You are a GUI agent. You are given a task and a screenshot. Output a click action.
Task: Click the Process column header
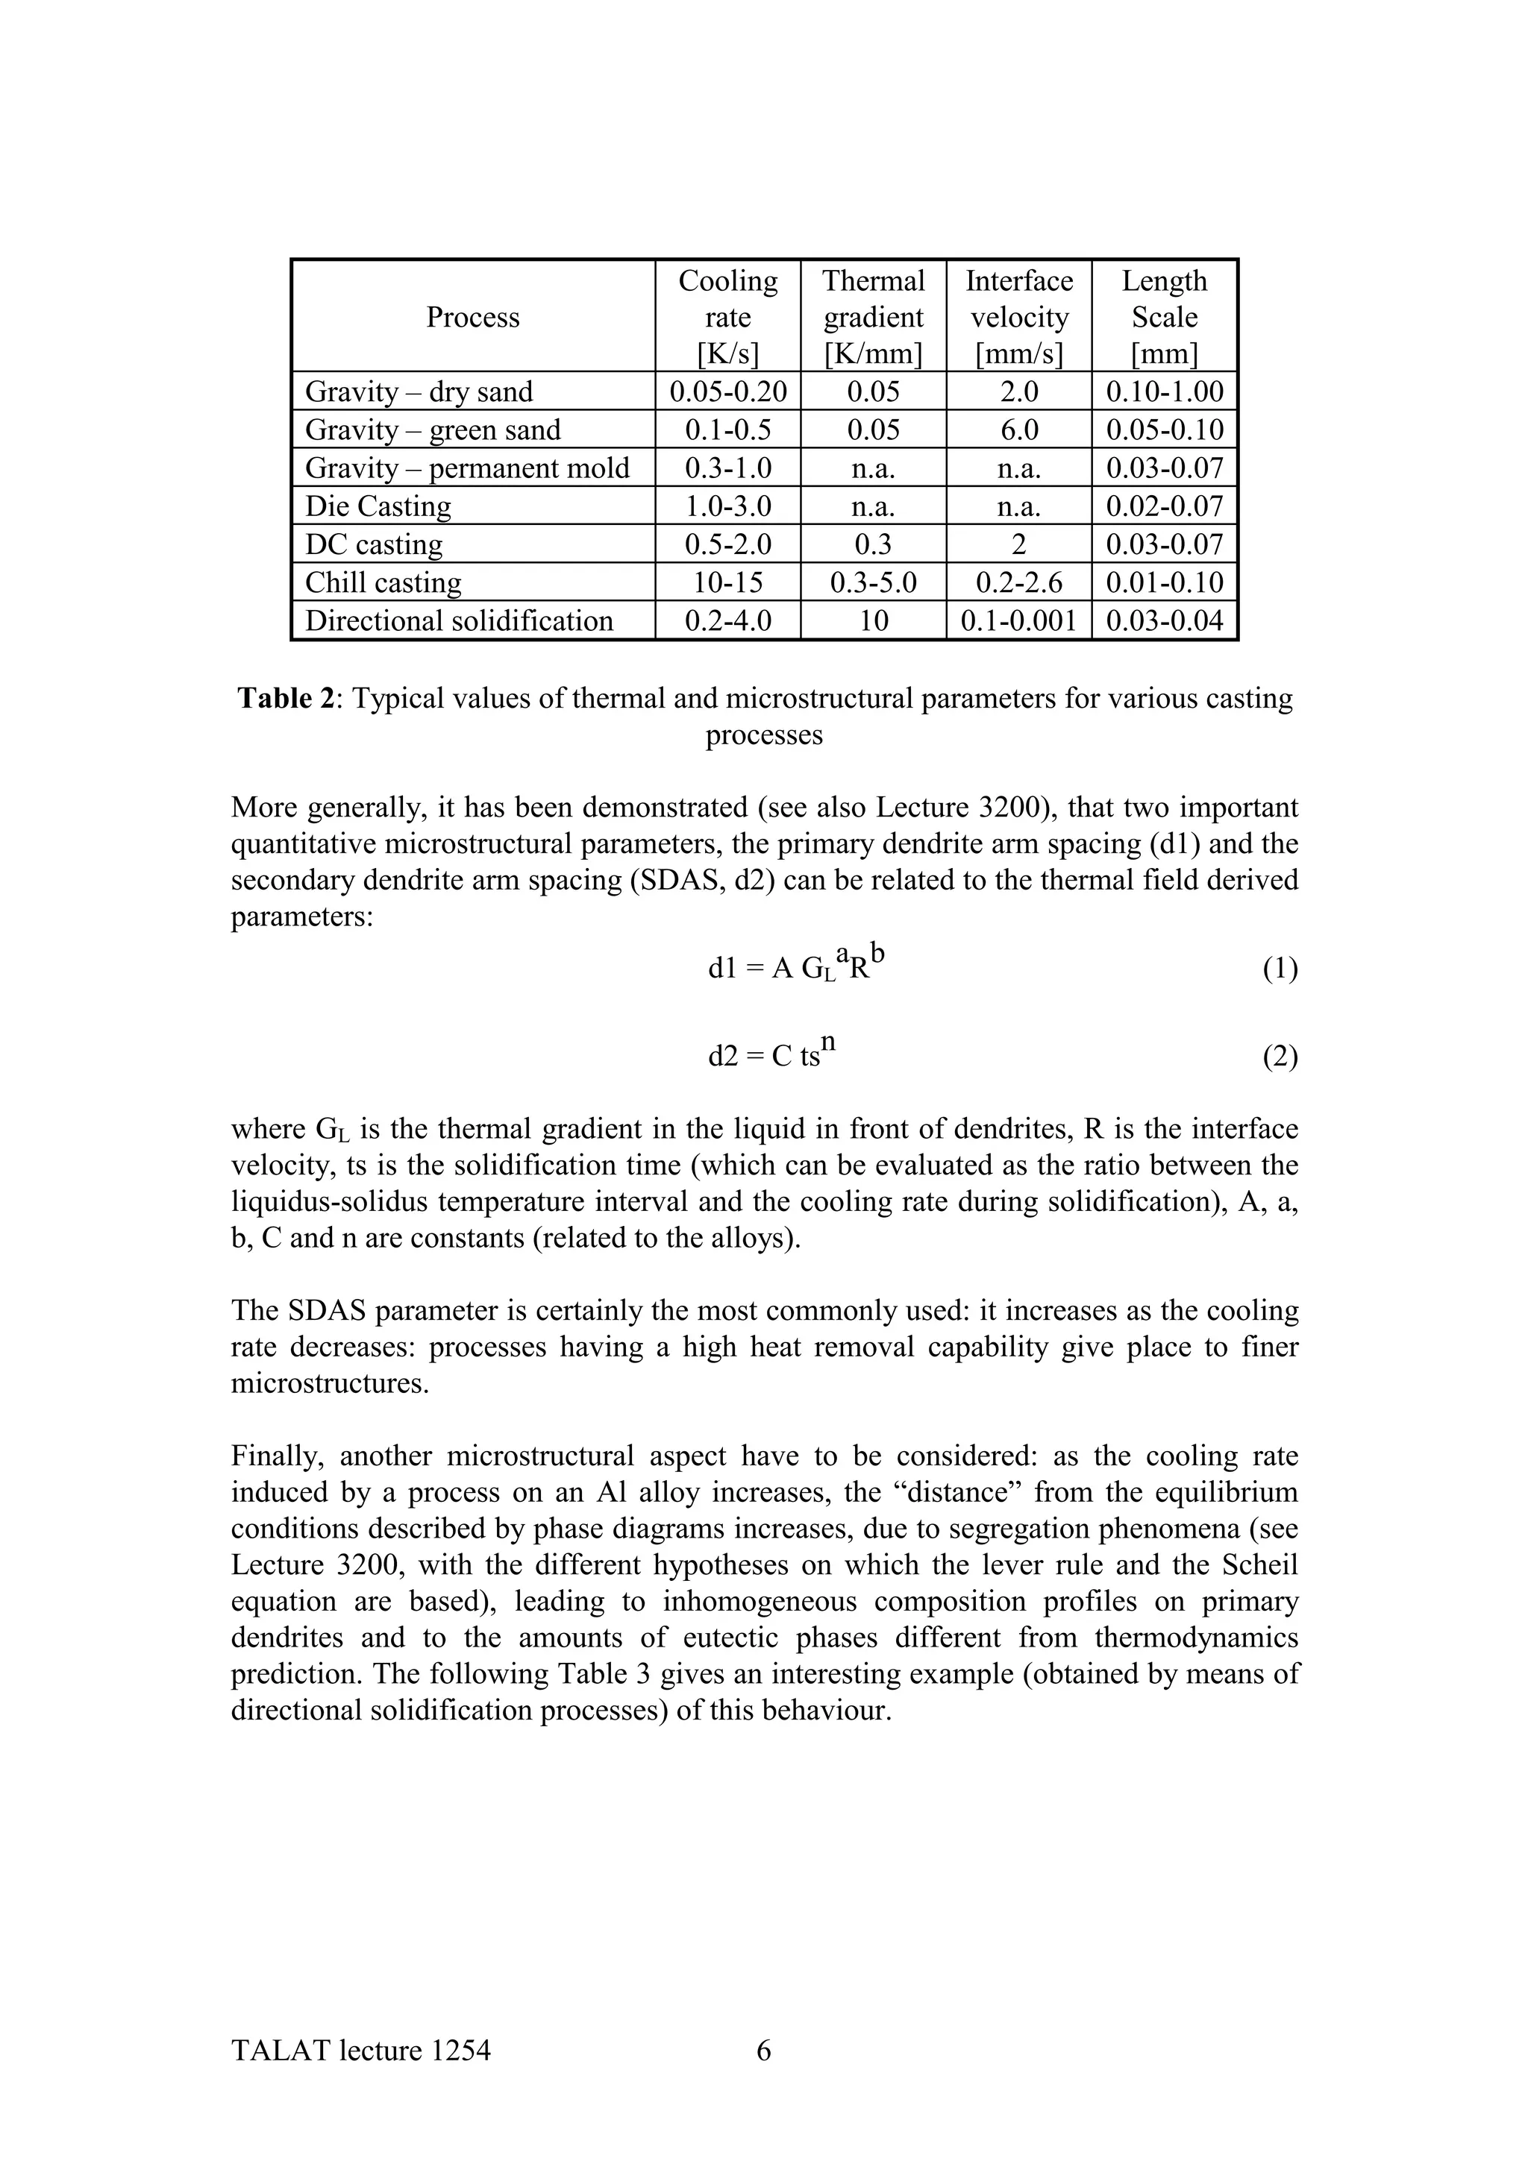coord(472,317)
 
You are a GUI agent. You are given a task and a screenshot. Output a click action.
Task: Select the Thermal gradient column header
coord(873,317)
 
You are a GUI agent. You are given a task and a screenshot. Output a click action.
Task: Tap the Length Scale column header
coord(1165,317)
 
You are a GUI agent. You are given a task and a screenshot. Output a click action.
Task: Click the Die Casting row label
coord(378,506)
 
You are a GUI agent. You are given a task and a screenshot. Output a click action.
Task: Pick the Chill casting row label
coord(383,582)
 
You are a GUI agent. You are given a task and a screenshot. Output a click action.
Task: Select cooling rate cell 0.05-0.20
coord(727,391)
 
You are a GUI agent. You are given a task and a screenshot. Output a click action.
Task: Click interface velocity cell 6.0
coord(1018,430)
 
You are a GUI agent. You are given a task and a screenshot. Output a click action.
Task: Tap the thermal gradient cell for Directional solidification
coord(873,621)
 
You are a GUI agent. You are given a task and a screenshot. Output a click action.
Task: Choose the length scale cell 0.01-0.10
coord(1165,582)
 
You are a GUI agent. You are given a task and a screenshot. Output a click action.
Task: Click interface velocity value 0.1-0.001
coord(1018,621)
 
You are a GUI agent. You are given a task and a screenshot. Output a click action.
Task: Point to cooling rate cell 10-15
coord(727,582)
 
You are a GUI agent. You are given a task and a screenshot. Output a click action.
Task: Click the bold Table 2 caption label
coord(287,699)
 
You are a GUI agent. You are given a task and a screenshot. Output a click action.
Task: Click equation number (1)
coord(1280,969)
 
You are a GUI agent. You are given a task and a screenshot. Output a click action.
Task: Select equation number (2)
coord(1280,1057)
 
